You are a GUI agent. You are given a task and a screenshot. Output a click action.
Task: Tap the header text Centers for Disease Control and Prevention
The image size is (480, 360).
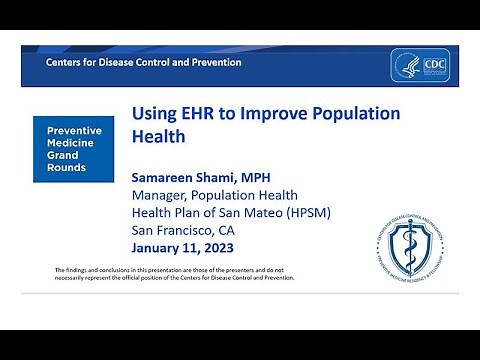pyautogui.click(x=144, y=62)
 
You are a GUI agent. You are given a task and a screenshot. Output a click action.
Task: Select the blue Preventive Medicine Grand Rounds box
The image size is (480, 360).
pyautogui.click(x=74, y=149)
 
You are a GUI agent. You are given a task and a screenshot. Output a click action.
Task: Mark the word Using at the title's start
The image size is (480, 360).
pyautogui.click(x=153, y=113)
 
